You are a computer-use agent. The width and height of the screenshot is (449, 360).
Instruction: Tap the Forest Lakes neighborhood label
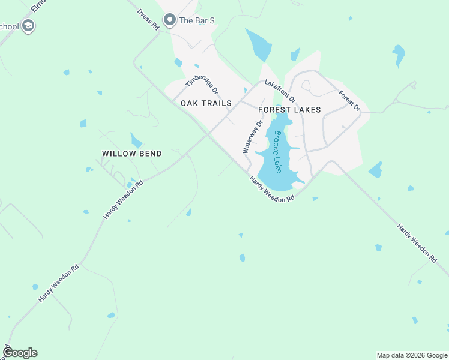click(289, 110)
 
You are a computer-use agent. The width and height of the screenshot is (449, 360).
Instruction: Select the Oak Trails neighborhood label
click(206, 103)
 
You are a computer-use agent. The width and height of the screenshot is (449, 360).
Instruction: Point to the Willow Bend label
click(132, 154)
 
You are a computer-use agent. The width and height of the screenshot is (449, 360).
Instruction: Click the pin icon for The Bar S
click(169, 20)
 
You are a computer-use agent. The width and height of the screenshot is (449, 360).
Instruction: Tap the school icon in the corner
click(28, 26)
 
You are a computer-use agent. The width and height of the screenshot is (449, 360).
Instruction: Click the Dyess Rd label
click(148, 19)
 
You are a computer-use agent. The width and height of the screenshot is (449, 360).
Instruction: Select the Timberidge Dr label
click(202, 86)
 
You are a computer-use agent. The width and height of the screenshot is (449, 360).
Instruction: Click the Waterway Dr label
click(253, 137)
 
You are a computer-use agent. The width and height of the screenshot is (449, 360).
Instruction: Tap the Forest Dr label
click(349, 100)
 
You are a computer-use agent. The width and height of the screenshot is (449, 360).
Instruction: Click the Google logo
click(20, 352)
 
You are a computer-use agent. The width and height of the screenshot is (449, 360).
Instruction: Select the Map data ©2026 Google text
click(411, 355)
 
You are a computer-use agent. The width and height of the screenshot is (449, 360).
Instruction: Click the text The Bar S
click(197, 20)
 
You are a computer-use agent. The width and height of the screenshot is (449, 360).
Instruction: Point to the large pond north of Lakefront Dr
click(258, 44)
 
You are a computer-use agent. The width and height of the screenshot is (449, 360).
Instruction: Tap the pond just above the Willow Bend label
click(136, 141)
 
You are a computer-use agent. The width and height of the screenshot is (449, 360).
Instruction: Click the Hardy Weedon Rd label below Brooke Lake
click(272, 188)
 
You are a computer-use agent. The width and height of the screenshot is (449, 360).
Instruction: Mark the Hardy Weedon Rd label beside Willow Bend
click(122, 198)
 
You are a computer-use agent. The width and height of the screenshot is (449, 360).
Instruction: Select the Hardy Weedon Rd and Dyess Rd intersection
click(207, 134)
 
